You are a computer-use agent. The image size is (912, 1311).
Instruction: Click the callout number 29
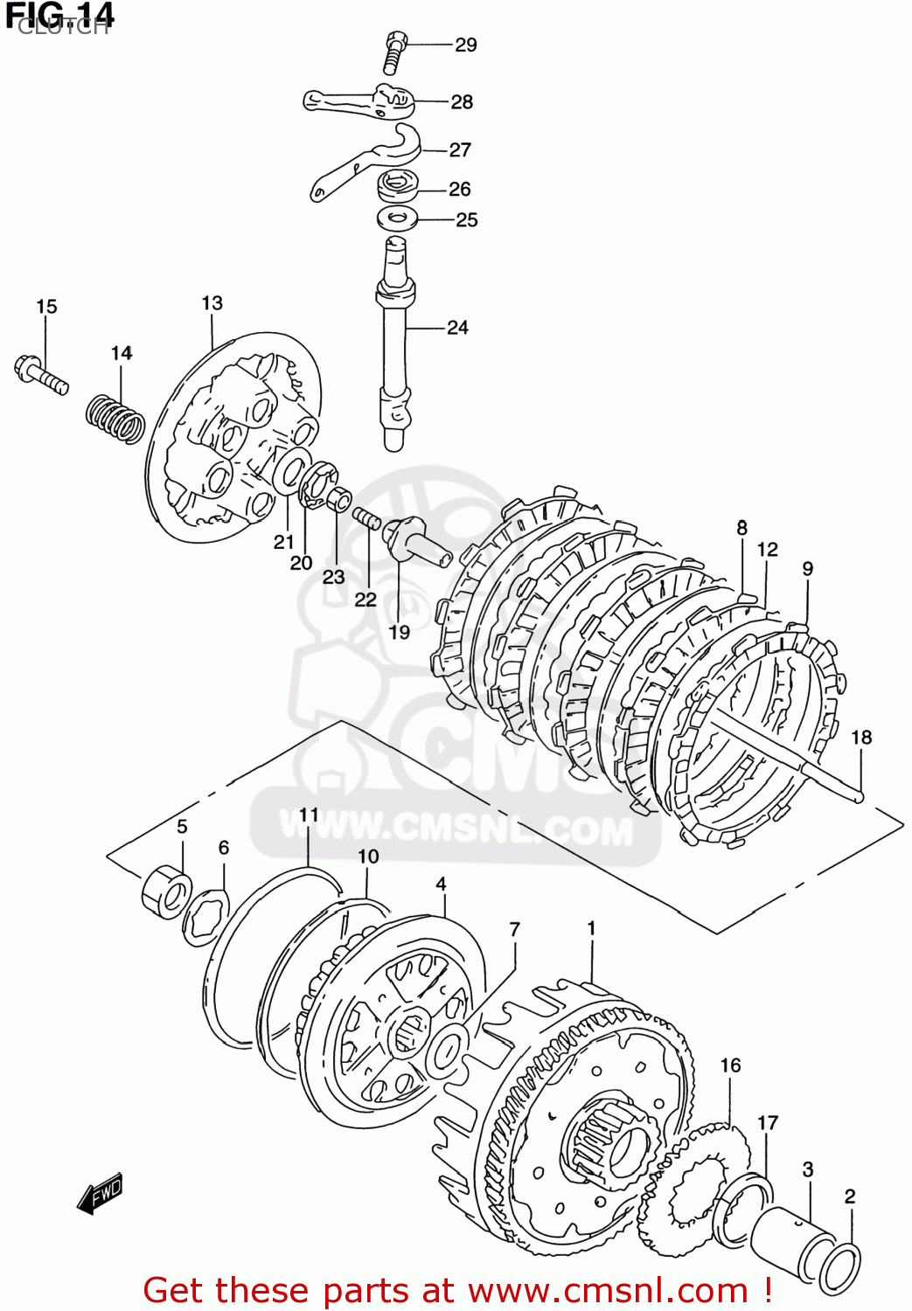[465, 45]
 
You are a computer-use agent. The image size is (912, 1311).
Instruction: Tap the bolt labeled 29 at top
[394, 52]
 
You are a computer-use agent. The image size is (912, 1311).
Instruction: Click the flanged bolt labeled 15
[40, 373]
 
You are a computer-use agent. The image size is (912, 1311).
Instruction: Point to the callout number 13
[212, 303]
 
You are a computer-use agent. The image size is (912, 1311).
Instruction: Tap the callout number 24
[457, 328]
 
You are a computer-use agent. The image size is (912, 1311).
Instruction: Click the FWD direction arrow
[100, 1194]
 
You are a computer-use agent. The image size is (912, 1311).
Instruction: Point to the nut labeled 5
[166, 891]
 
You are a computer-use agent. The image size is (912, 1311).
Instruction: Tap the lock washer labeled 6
[206, 916]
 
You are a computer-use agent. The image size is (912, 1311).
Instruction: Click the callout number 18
[861, 738]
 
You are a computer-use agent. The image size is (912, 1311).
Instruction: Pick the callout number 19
[399, 632]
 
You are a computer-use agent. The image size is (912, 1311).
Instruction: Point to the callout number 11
[309, 815]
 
